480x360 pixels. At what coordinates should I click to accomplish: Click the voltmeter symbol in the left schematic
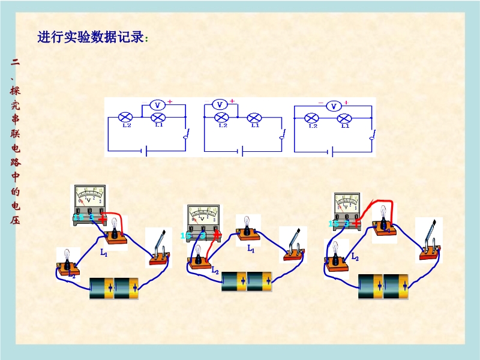click(x=157, y=105)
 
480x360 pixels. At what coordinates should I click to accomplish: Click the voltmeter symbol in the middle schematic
click(x=219, y=104)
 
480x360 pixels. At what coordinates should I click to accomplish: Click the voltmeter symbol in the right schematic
click(x=333, y=106)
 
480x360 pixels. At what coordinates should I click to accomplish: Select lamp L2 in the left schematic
click(x=127, y=117)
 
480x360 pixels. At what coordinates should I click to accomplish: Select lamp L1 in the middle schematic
click(x=254, y=117)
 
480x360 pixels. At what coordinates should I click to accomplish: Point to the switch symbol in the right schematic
click(x=372, y=135)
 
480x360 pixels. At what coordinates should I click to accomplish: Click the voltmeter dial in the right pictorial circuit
click(x=347, y=203)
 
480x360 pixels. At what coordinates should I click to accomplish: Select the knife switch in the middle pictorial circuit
click(x=294, y=246)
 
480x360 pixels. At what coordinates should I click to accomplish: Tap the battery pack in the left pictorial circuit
click(x=114, y=288)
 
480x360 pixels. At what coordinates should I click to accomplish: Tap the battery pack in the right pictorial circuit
click(x=383, y=286)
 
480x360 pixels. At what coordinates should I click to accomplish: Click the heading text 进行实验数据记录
click(x=91, y=37)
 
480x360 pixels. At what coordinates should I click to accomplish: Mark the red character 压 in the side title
click(x=15, y=220)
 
